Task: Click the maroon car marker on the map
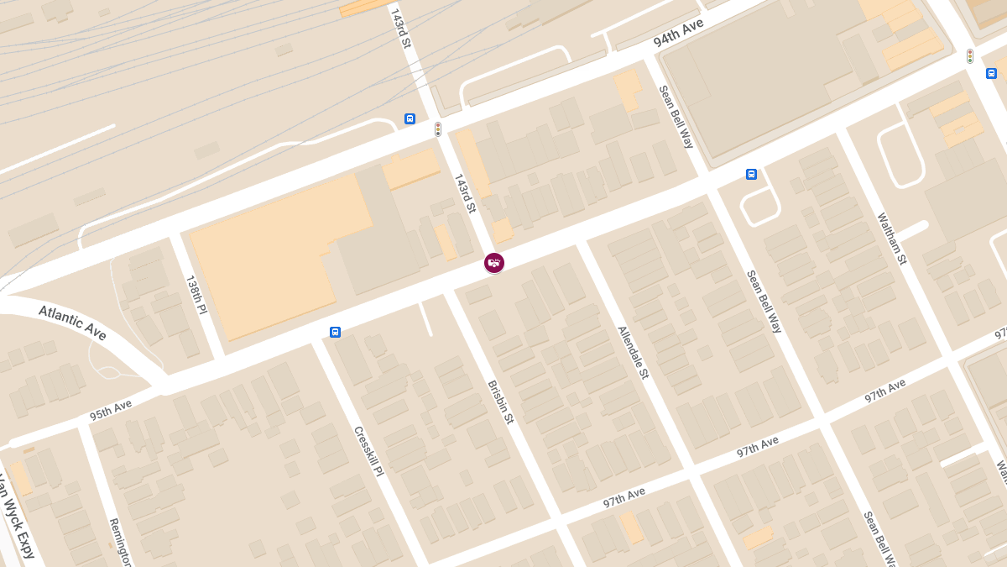494,263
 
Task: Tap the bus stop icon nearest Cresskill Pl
335,332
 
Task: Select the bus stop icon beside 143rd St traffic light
410,118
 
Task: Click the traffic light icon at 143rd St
437,129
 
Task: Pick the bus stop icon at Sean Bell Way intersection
751,174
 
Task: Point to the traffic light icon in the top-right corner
969,56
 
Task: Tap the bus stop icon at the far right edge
991,73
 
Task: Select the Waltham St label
892,239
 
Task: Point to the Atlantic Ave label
73,323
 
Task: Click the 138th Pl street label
196,295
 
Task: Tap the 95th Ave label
111,411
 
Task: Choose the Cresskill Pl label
368,451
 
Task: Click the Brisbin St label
500,402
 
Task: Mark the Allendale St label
634,352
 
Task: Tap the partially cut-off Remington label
121,542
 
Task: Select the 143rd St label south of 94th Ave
465,193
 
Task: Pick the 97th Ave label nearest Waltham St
885,391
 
